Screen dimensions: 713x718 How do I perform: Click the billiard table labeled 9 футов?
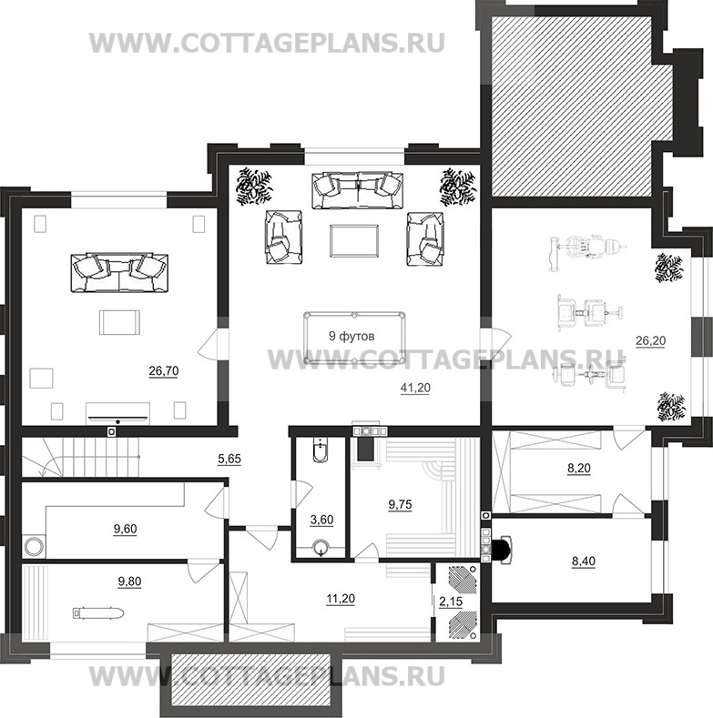pyautogui.click(x=354, y=338)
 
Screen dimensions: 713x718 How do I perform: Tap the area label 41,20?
pyautogui.click(x=415, y=389)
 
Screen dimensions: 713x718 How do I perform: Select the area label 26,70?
pyautogui.click(x=164, y=371)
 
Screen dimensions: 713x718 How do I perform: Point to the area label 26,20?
pyautogui.click(x=651, y=341)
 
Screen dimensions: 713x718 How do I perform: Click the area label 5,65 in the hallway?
pyautogui.click(x=229, y=459)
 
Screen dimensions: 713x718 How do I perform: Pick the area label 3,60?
pyautogui.click(x=321, y=521)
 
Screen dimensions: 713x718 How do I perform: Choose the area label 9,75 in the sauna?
pyautogui.click(x=400, y=505)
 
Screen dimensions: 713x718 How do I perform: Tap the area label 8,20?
pyautogui.click(x=579, y=469)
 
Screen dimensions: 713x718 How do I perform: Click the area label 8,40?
pyautogui.click(x=584, y=561)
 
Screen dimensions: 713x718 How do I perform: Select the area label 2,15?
pyautogui.click(x=451, y=602)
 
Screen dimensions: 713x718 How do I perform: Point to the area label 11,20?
pyautogui.click(x=341, y=599)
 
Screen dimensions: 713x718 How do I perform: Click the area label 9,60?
pyautogui.click(x=125, y=530)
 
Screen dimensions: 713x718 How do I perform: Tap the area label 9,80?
pyautogui.click(x=129, y=582)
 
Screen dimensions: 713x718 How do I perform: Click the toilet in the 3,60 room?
pyautogui.click(x=321, y=450)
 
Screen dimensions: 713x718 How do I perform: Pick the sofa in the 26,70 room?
pyautogui.click(x=119, y=273)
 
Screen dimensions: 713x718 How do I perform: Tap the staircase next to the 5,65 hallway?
pyautogui.click(x=81, y=457)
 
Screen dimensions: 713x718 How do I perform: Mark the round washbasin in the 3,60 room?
pyautogui.click(x=321, y=548)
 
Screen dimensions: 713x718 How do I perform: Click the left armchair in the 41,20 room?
pyautogui.click(x=284, y=238)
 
